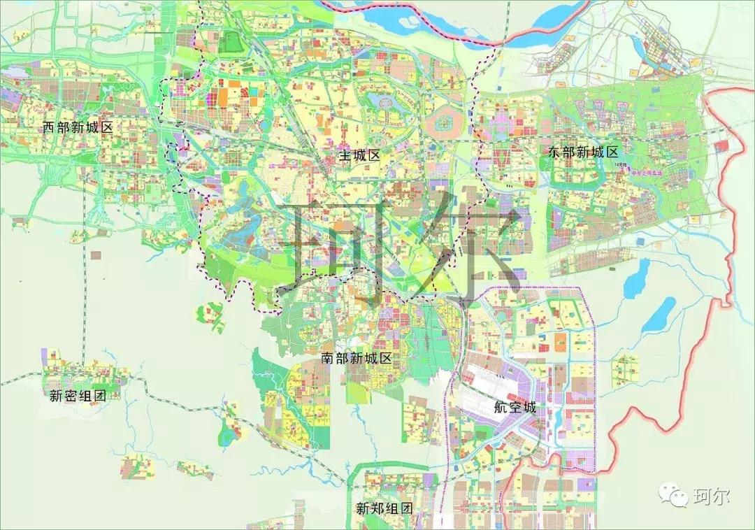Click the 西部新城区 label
click(x=78, y=127)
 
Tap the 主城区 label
click(x=359, y=155)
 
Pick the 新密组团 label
click(x=77, y=396)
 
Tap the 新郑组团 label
click(x=384, y=508)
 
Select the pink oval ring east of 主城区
click(x=445, y=124)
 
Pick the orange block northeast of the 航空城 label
click(x=561, y=341)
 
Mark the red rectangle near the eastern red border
click(x=721, y=145)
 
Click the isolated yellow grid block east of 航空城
click(x=625, y=371)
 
